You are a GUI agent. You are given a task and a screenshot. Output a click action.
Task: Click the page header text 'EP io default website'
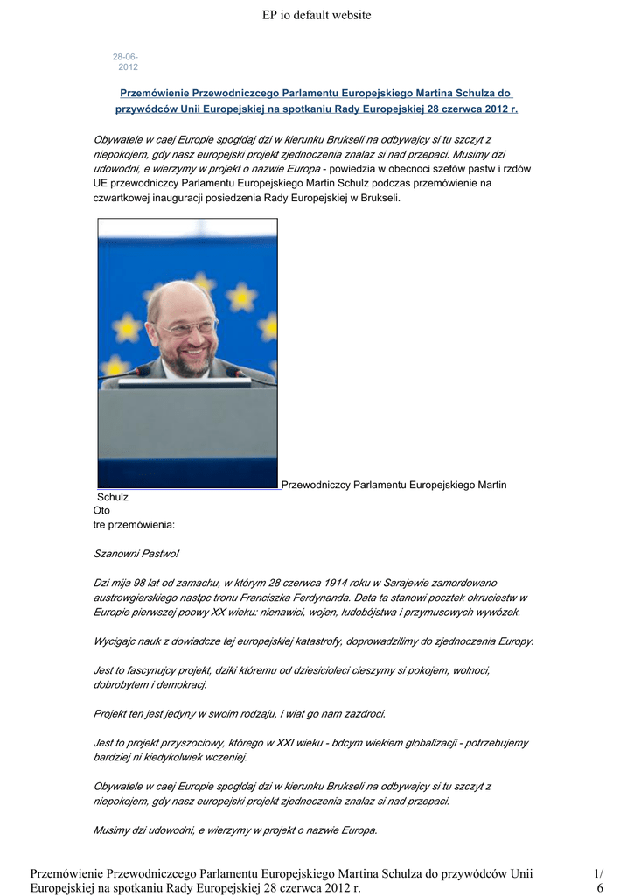pyautogui.click(x=317, y=15)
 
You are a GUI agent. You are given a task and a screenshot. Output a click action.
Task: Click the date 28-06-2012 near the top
pyautogui.click(x=125, y=62)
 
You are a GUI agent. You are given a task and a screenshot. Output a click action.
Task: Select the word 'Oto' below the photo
pyautogui.click(x=101, y=510)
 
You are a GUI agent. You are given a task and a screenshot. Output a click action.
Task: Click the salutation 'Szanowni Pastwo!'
pyautogui.click(x=136, y=554)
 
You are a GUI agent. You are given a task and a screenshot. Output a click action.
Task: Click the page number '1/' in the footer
pyautogui.click(x=598, y=873)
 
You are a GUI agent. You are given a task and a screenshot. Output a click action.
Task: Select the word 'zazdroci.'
pyautogui.click(x=360, y=714)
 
